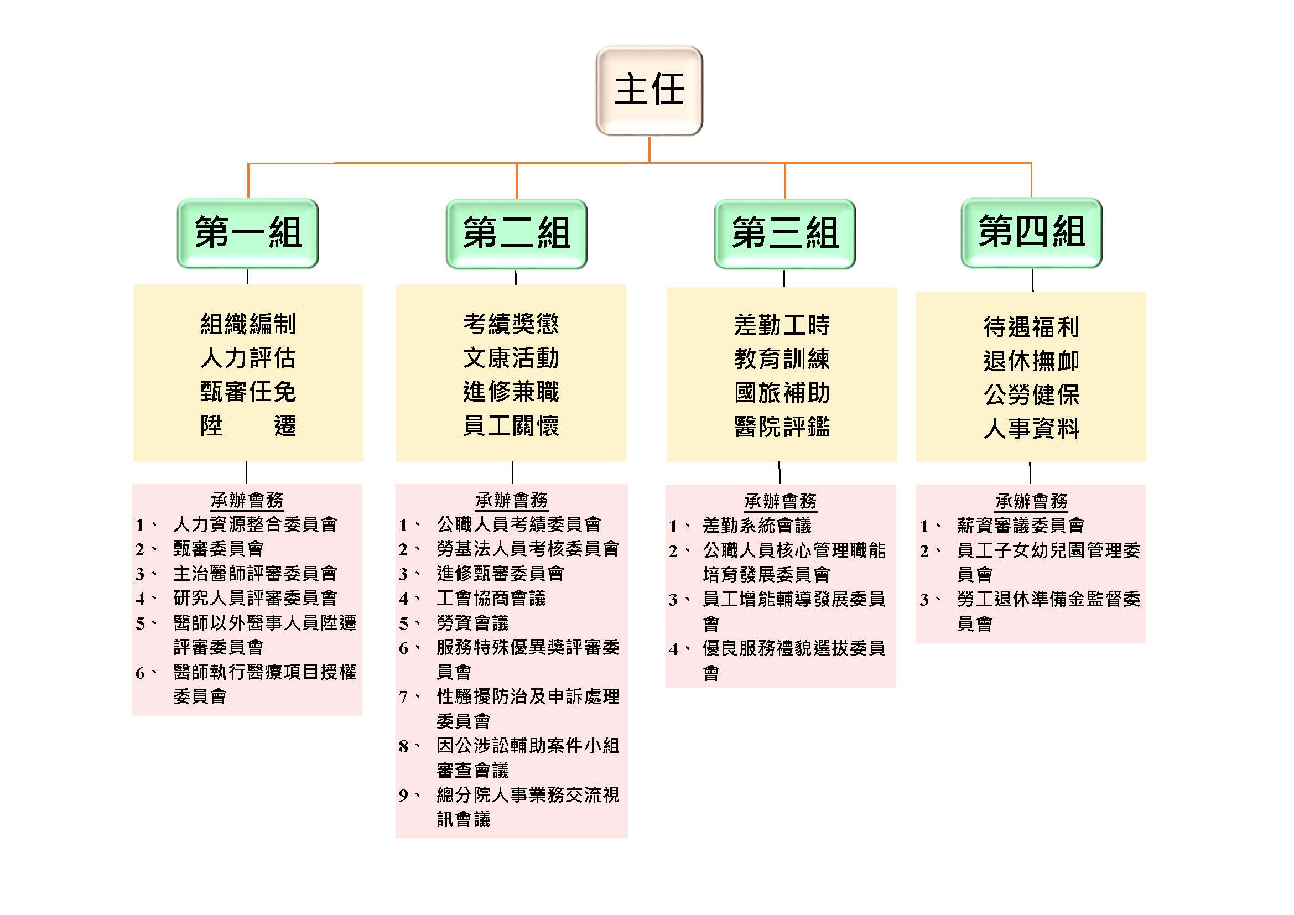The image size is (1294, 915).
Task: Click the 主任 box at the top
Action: tap(649, 90)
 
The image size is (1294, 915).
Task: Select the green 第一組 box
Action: tap(248, 233)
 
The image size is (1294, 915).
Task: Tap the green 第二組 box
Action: tap(516, 233)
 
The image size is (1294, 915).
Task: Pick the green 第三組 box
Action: tap(784, 233)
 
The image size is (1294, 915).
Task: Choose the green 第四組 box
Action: tap(1031, 232)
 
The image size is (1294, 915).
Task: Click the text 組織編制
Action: tap(248, 324)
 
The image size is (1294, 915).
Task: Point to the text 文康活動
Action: tap(511, 358)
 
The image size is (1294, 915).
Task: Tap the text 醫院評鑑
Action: tap(782, 427)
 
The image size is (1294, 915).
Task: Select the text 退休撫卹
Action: tap(1031, 361)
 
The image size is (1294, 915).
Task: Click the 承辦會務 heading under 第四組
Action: tap(1031, 500)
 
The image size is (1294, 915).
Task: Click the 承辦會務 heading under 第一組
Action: tap(247, 499)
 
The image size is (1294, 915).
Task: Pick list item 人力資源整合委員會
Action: tap(254, 524)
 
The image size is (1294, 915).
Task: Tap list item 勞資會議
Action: tap(472, 622)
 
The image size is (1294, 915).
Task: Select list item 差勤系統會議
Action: tap(757, 526)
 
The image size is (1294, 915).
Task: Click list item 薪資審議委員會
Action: tap(1020, 526)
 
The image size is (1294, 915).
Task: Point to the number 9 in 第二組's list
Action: tap(403, 795)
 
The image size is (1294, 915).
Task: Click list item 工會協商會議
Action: tap(491, 598)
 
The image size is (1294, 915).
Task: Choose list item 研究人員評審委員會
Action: tap(254, 598)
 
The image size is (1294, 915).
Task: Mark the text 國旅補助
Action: tap(782, 393)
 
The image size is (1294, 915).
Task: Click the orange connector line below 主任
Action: tap(649, 150)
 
